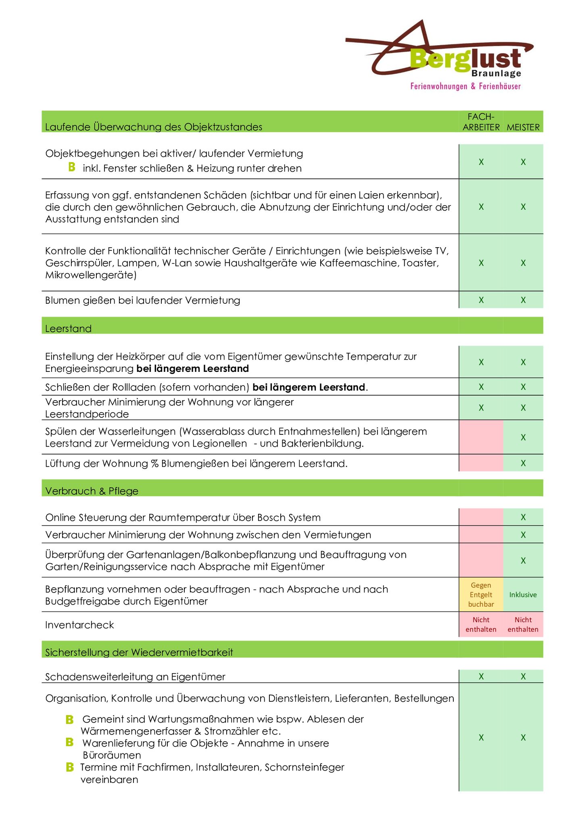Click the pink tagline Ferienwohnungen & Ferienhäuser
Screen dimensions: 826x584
465,86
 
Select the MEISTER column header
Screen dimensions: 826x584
523,127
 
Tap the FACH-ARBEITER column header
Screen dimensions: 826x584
481,122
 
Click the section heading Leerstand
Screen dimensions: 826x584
69,329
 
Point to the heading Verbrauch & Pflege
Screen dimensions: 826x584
92,491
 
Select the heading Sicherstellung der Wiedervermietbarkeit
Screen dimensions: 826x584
139,653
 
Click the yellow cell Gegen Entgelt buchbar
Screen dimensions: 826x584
481,594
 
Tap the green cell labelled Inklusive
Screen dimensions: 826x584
523,594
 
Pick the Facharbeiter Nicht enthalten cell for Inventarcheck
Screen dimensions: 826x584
481,624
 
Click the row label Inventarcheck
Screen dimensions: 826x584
80,625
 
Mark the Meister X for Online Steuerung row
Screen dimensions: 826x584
523,517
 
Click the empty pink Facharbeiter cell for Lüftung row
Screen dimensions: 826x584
481,463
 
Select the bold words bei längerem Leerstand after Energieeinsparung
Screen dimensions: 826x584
193,369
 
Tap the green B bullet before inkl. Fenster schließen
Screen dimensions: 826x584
72,167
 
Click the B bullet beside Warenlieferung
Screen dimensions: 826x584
69,742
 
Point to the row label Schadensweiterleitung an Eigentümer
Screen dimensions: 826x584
135,677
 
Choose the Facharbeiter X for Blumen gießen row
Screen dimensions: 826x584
481,300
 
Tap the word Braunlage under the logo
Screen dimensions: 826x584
496,73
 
